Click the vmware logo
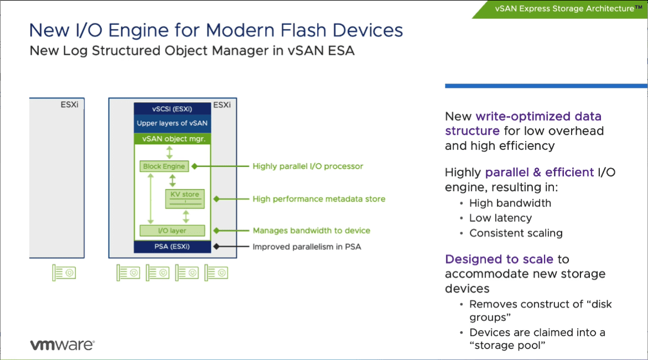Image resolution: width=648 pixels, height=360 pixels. [62, 345]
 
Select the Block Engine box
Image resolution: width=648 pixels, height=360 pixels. [164, 166]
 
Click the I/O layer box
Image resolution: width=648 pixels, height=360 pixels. [172, 231]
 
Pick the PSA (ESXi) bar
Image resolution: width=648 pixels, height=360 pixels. [172, 247]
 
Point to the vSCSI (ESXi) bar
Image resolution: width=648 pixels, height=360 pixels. [172, 108]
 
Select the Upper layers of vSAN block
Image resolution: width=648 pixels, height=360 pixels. [172, 123]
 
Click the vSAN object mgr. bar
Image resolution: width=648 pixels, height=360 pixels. [172, 139]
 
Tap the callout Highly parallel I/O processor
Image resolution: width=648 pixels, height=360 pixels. [308, 166]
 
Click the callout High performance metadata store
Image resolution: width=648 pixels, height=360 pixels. [319, 199]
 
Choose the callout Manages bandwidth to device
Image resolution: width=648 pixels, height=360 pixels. [312, 231]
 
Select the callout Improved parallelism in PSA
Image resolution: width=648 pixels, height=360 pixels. [307, 247]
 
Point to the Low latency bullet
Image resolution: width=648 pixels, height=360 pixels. [500, 218]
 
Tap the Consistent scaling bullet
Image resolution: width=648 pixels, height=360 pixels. [516, 233]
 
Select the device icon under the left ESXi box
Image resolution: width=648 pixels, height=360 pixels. [64, 273]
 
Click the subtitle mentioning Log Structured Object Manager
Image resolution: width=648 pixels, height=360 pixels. [191, 51]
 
